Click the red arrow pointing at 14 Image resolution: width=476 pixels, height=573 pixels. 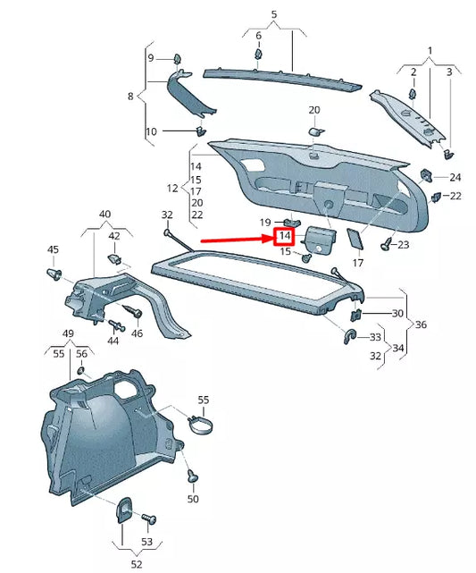click(235, 239)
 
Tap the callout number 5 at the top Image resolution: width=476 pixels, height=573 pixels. click(274, 14)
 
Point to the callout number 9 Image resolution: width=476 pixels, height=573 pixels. click(151, 58)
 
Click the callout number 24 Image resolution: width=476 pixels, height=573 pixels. click(455, 177)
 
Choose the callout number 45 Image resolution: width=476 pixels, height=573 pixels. click(53, 249)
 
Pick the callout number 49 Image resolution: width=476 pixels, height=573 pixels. click(67, 334)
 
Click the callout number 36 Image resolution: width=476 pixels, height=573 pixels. click(421, 324)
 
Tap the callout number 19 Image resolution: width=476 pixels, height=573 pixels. click(265, 222)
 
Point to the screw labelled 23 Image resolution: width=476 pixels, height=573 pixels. click(387, 242)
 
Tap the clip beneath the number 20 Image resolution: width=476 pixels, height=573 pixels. click(314, 131)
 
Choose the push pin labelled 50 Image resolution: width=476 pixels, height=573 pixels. click(192, 477)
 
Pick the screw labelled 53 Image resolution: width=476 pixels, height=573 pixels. click(147, 518)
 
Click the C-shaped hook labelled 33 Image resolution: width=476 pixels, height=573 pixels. click(350, 337)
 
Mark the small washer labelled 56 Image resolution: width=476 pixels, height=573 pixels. click(81, 371)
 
